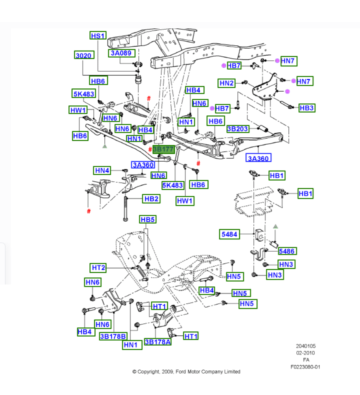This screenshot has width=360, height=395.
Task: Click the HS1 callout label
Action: pos(98,36)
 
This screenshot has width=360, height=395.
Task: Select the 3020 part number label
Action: pos(84,55)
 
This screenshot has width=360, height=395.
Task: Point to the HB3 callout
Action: pos(306,108)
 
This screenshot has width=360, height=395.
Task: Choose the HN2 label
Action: pos(227,83)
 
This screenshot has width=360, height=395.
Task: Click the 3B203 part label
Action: pos(237,129)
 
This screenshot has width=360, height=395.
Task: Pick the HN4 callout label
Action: pos(102,171)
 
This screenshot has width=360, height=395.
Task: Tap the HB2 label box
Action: pos(151,199)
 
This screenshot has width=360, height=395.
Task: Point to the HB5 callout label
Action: pos(148,220)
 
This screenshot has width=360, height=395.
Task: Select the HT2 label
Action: pos(98,268)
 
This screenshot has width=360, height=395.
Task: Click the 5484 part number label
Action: pos(229,234)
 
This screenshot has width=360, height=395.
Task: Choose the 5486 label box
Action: pos(287,251)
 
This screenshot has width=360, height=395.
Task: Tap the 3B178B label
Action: pos(113,336)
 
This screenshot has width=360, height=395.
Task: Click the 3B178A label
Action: pos(158,342)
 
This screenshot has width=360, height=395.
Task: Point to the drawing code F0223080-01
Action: pos(305,367)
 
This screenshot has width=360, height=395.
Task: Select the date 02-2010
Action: pos(306,353)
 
